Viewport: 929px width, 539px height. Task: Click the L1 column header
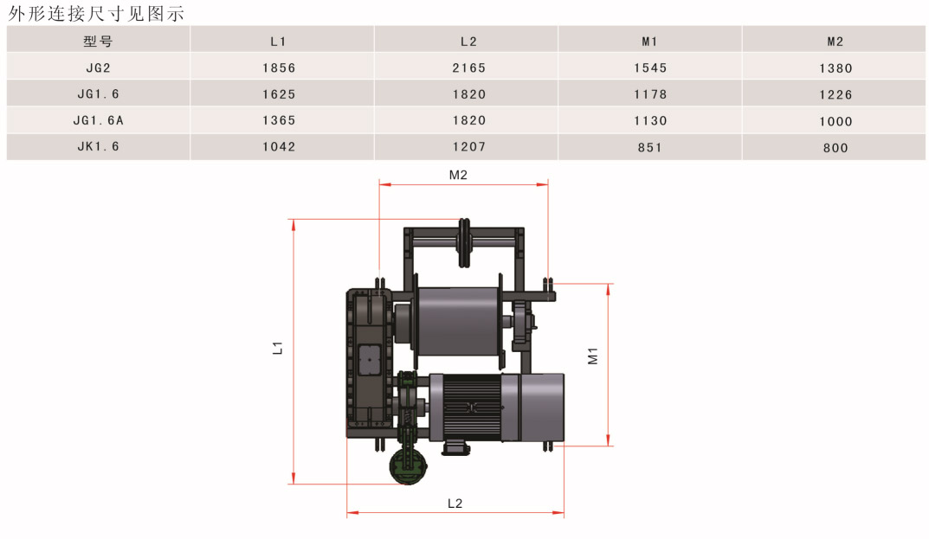(x=278, y=42)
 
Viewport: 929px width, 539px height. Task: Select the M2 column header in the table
(x=835, y=42)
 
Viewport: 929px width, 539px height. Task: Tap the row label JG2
(x=99, y=68)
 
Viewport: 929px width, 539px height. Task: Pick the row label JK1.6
(x=99, y=146)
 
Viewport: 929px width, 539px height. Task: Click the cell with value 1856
(x=279, y=68)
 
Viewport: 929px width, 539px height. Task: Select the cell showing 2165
(x=468, y=68)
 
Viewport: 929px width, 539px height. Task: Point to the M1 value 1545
(x=650, y=68)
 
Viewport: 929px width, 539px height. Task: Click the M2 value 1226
(x=835, y=95)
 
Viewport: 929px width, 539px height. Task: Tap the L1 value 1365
(x=279, y=120)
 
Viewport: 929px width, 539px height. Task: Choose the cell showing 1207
(x=468, y=146)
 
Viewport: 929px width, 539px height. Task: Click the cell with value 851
(x=650, y=147)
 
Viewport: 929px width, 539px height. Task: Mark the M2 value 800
(x=835, y=148)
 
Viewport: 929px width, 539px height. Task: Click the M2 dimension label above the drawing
(x=458, y=175)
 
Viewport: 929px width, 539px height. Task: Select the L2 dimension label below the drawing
(x=455, y=504)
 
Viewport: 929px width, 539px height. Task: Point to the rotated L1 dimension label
(x=277, y=348)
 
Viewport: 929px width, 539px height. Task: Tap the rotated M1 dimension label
(x=592, y=356)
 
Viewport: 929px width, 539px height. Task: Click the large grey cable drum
(x=458, y=321)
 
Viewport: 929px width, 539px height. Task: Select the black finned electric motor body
(x=472, y=407)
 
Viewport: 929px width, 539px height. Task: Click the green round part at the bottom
(x=408, y=466)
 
